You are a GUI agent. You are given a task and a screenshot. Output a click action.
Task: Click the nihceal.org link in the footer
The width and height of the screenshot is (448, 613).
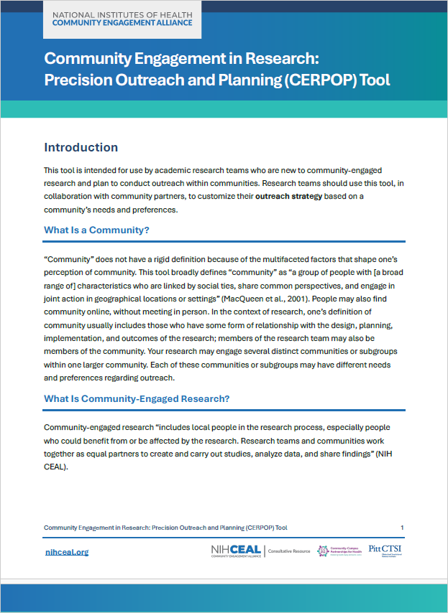(66, 552)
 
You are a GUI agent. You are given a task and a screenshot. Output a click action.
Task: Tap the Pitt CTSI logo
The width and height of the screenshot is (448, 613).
(384, 551)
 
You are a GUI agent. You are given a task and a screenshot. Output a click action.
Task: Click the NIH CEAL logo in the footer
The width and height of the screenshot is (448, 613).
(236, 551)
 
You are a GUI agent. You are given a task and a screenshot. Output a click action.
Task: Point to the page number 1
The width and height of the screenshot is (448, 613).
(402, 528)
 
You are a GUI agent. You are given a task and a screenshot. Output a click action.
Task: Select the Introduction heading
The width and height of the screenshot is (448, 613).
(81, 148)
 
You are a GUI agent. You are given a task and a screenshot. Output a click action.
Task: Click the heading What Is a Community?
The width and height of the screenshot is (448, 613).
(96, 230)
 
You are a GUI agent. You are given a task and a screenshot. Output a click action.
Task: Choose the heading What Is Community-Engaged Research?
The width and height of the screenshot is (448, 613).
(137, 398)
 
